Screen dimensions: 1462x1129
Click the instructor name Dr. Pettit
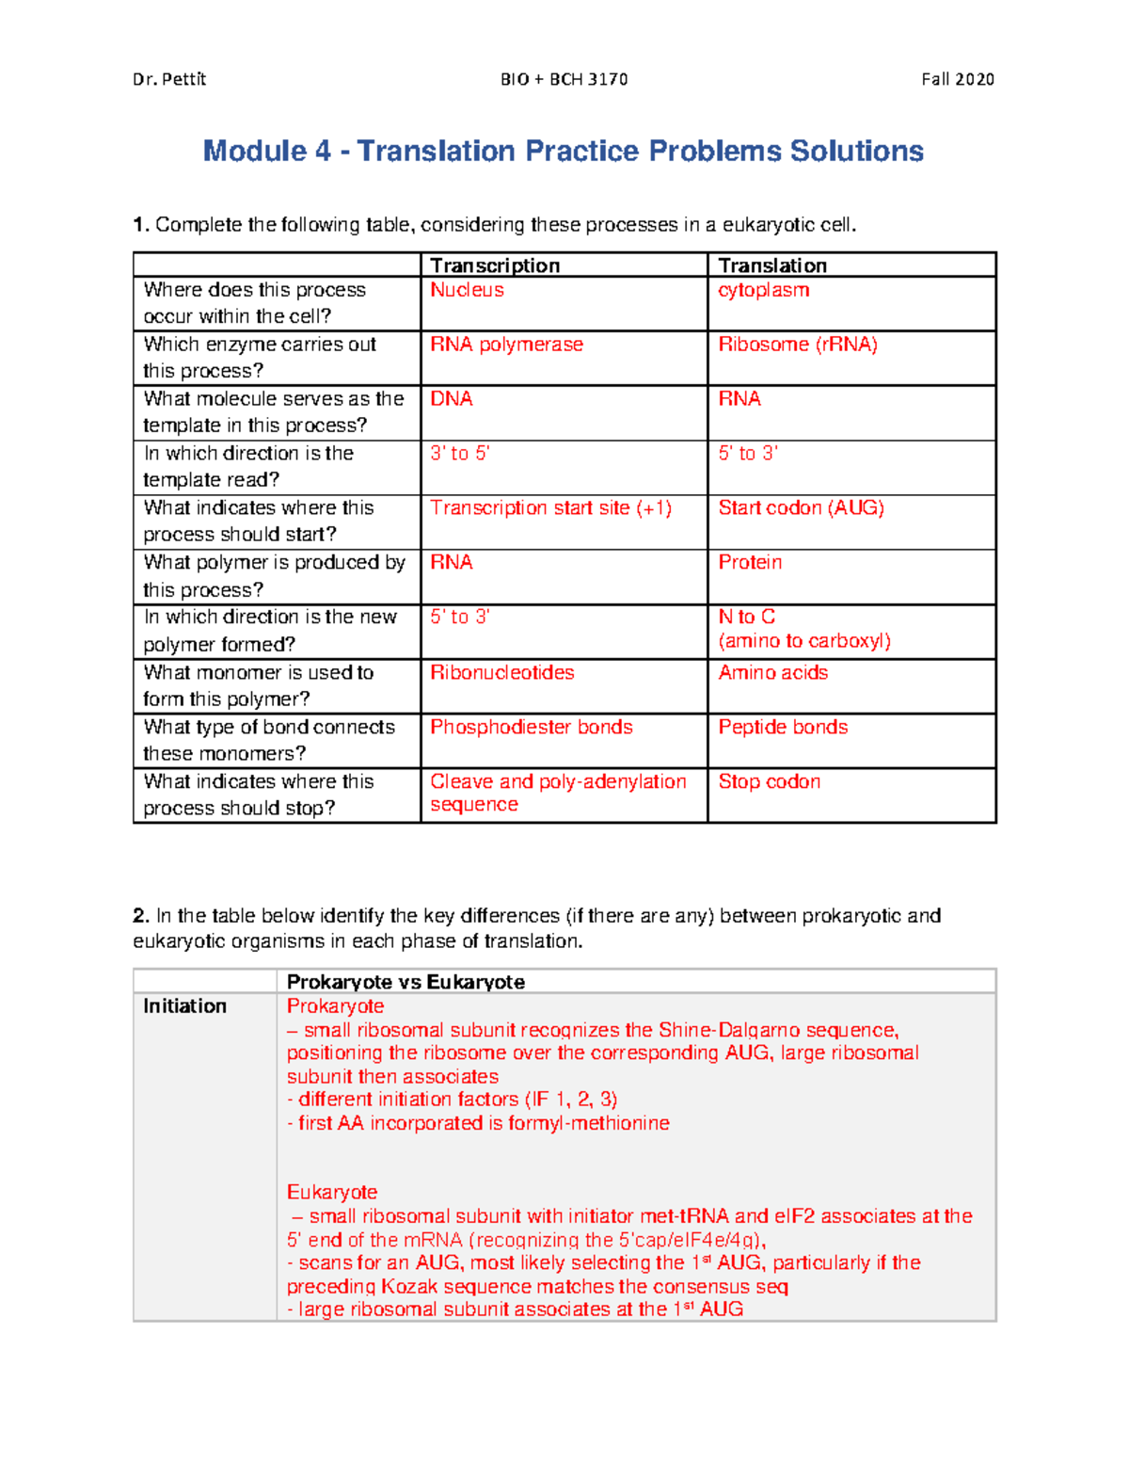[169, 79]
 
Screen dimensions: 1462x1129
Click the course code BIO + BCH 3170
[564, 79]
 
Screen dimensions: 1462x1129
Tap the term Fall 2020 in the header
[957, 79]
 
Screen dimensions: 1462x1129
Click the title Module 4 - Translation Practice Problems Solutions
[563, 151]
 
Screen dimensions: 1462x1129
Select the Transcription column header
[495, 265]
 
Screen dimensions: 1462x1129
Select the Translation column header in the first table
[772, 265]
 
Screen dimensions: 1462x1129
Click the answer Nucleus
[467, 290]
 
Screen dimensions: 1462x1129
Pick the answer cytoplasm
[763, 290]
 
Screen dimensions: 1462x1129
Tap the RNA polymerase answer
[506, 345]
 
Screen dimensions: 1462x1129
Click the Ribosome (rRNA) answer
[798, 345]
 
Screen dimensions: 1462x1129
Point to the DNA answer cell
[452, 399]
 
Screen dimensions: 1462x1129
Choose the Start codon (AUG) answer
[801, 508]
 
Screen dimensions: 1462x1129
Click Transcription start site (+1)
[550, 508]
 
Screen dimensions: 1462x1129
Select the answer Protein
[750, 563]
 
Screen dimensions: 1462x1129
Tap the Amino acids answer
[772, 672]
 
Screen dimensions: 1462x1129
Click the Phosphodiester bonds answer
[531, 727]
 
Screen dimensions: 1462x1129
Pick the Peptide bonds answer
[783, 727]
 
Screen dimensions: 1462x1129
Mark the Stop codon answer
[769, 781]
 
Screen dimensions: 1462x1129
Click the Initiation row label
[184, 1006]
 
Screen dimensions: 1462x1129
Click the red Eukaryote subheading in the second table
[331, 1192]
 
